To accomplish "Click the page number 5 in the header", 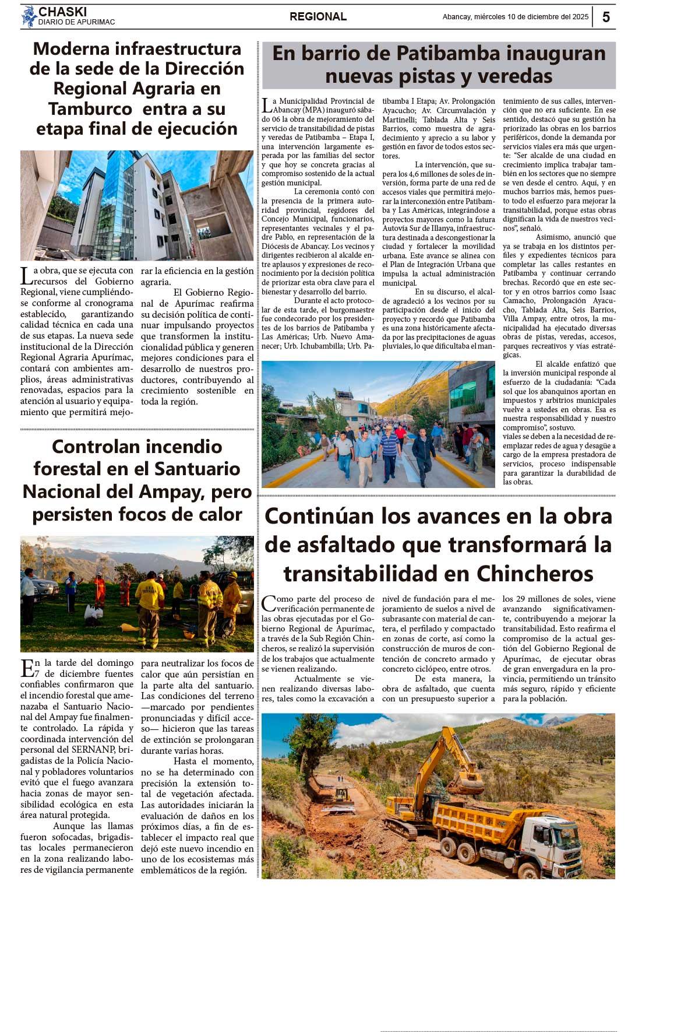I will point(606,17).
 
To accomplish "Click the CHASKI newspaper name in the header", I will point(62,12).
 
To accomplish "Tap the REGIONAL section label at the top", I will point(318,17).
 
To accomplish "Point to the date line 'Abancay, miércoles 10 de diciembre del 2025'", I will point(515,17).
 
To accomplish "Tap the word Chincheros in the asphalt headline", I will point(535,574).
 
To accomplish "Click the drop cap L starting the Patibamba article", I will point(266,106).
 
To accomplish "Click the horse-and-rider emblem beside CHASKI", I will point(29,17).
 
